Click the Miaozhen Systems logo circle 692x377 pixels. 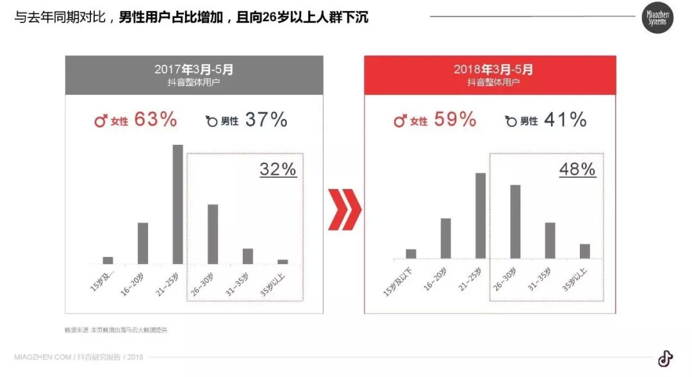click(x=657, y=17)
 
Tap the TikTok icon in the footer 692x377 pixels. click(x=665, y=358)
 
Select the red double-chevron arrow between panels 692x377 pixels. click(x=344, y=209)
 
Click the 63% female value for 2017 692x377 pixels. click(x=156, y=119)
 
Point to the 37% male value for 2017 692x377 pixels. click(x=266, y=119)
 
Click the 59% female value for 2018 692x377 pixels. click(x=455, y=119)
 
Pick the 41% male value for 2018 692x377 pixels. click(x=565, y=119)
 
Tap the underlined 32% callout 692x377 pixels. click(x=278, y=169)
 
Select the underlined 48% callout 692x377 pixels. click(x=577, y=169)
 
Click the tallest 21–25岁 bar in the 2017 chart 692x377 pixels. click(x=177, y=204)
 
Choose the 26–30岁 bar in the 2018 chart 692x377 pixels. click(x=515, y=221)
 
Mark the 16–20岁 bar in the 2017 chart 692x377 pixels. click(x=143, y=243)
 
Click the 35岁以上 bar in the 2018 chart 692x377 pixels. click(x=584, y=251)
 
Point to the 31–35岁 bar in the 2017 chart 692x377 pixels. click(x=247, y=256)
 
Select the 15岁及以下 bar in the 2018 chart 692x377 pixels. click(x=411, y=253)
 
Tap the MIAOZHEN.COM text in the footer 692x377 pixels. click(x=42, y=357)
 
